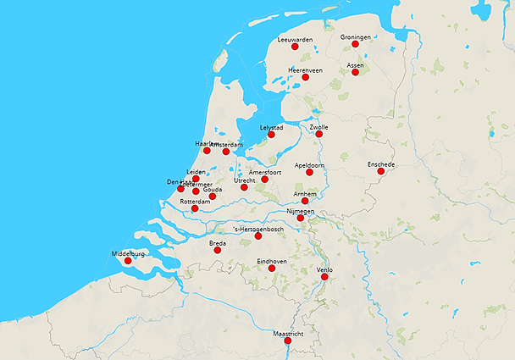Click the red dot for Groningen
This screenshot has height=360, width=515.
coord(356,44)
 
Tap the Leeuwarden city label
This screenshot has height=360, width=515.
coord(295,39)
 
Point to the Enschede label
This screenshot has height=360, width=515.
coord(381,163)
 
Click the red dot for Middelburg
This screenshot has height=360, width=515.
coord(128,261)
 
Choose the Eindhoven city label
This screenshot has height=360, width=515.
coord(271,262)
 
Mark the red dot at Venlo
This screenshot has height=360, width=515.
coord(324,276)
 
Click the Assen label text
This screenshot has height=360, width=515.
coord(356,64)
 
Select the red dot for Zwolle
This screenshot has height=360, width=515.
coord(318,134)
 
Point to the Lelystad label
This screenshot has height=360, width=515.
coord(271,127)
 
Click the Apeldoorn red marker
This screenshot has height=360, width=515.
coord(309,172)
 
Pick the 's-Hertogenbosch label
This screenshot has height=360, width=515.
coord(257,229)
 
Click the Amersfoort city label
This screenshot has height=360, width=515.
coord(265,172)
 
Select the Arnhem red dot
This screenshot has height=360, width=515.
coord(305,201)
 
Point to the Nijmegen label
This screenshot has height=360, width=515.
coord(301,211)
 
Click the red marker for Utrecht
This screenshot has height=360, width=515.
coord(244,187)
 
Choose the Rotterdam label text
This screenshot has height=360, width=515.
coord(195,202)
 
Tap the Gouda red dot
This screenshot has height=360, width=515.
coord(213,197)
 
